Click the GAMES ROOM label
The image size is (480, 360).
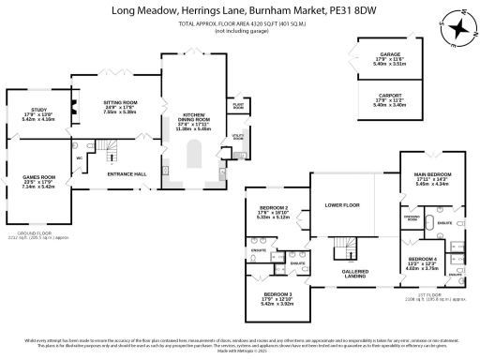coord(41,176)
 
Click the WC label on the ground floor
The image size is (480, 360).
coord(79,157)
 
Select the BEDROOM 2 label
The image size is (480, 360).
coord(273,207)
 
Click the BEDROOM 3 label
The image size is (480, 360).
coord(279,295)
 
